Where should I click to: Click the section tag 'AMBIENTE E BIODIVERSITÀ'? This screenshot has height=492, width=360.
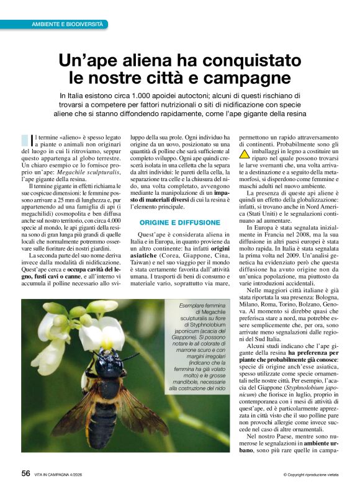pos(68,24)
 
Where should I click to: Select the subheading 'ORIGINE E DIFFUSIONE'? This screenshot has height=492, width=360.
pos(180,222)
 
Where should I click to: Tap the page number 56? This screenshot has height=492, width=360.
pos(25,473)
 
